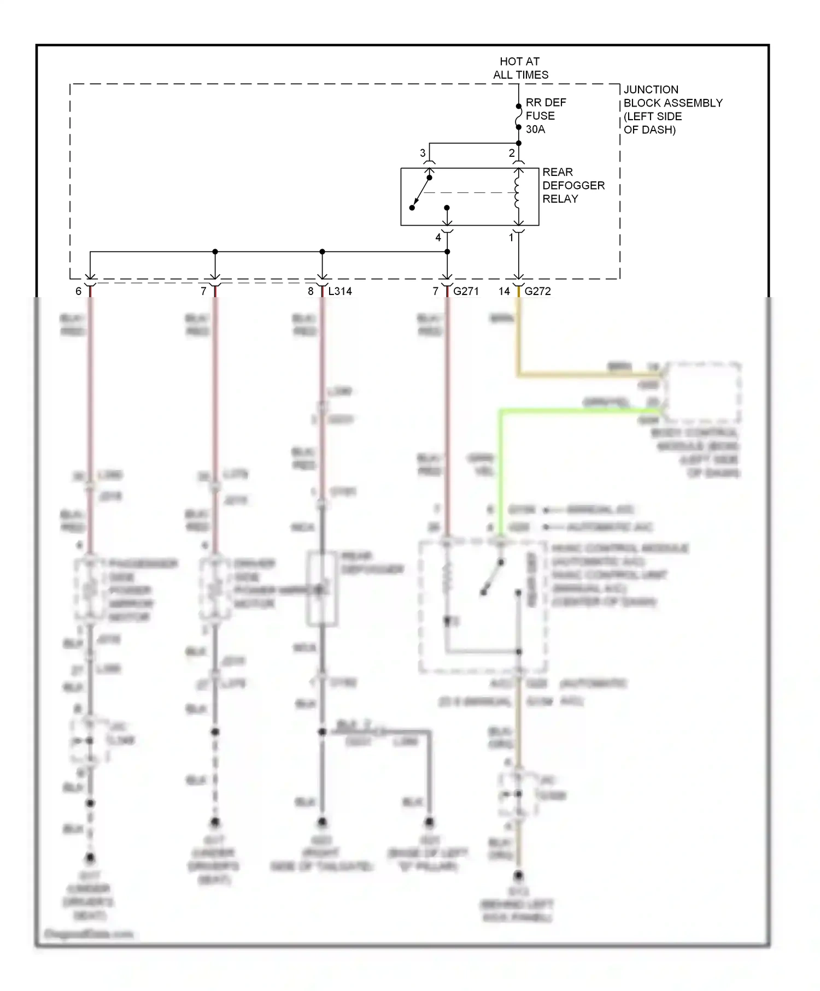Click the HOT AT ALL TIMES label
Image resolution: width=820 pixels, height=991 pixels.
pos(520,68)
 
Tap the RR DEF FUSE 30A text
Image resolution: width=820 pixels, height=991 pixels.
pos(545,116)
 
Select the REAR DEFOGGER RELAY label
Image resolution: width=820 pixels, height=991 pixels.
pos(573,186)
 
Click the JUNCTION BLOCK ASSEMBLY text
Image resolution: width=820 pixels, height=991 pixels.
pos(672,109)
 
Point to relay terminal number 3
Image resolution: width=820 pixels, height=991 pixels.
pos(423,154)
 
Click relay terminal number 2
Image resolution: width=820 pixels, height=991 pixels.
pos(512,154)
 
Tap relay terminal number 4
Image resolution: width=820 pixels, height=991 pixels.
pos(438,238)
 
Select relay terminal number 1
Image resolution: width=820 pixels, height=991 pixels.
pos(512,238)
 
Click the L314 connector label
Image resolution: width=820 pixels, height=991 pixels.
pos(340,291)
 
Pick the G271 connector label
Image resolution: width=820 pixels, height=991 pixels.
pos(466,291)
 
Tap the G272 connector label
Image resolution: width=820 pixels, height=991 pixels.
pos(537,291)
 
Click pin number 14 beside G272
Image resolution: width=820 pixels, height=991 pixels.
pos(504,291)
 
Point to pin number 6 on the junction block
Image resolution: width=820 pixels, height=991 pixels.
pos(79,291)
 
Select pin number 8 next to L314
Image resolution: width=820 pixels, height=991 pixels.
pos(311,291)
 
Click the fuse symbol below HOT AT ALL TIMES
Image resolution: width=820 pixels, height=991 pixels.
pos(518,117)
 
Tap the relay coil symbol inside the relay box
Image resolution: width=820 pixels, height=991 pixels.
pos(518,194)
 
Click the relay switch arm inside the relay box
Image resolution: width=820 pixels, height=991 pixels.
pos(421,192)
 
